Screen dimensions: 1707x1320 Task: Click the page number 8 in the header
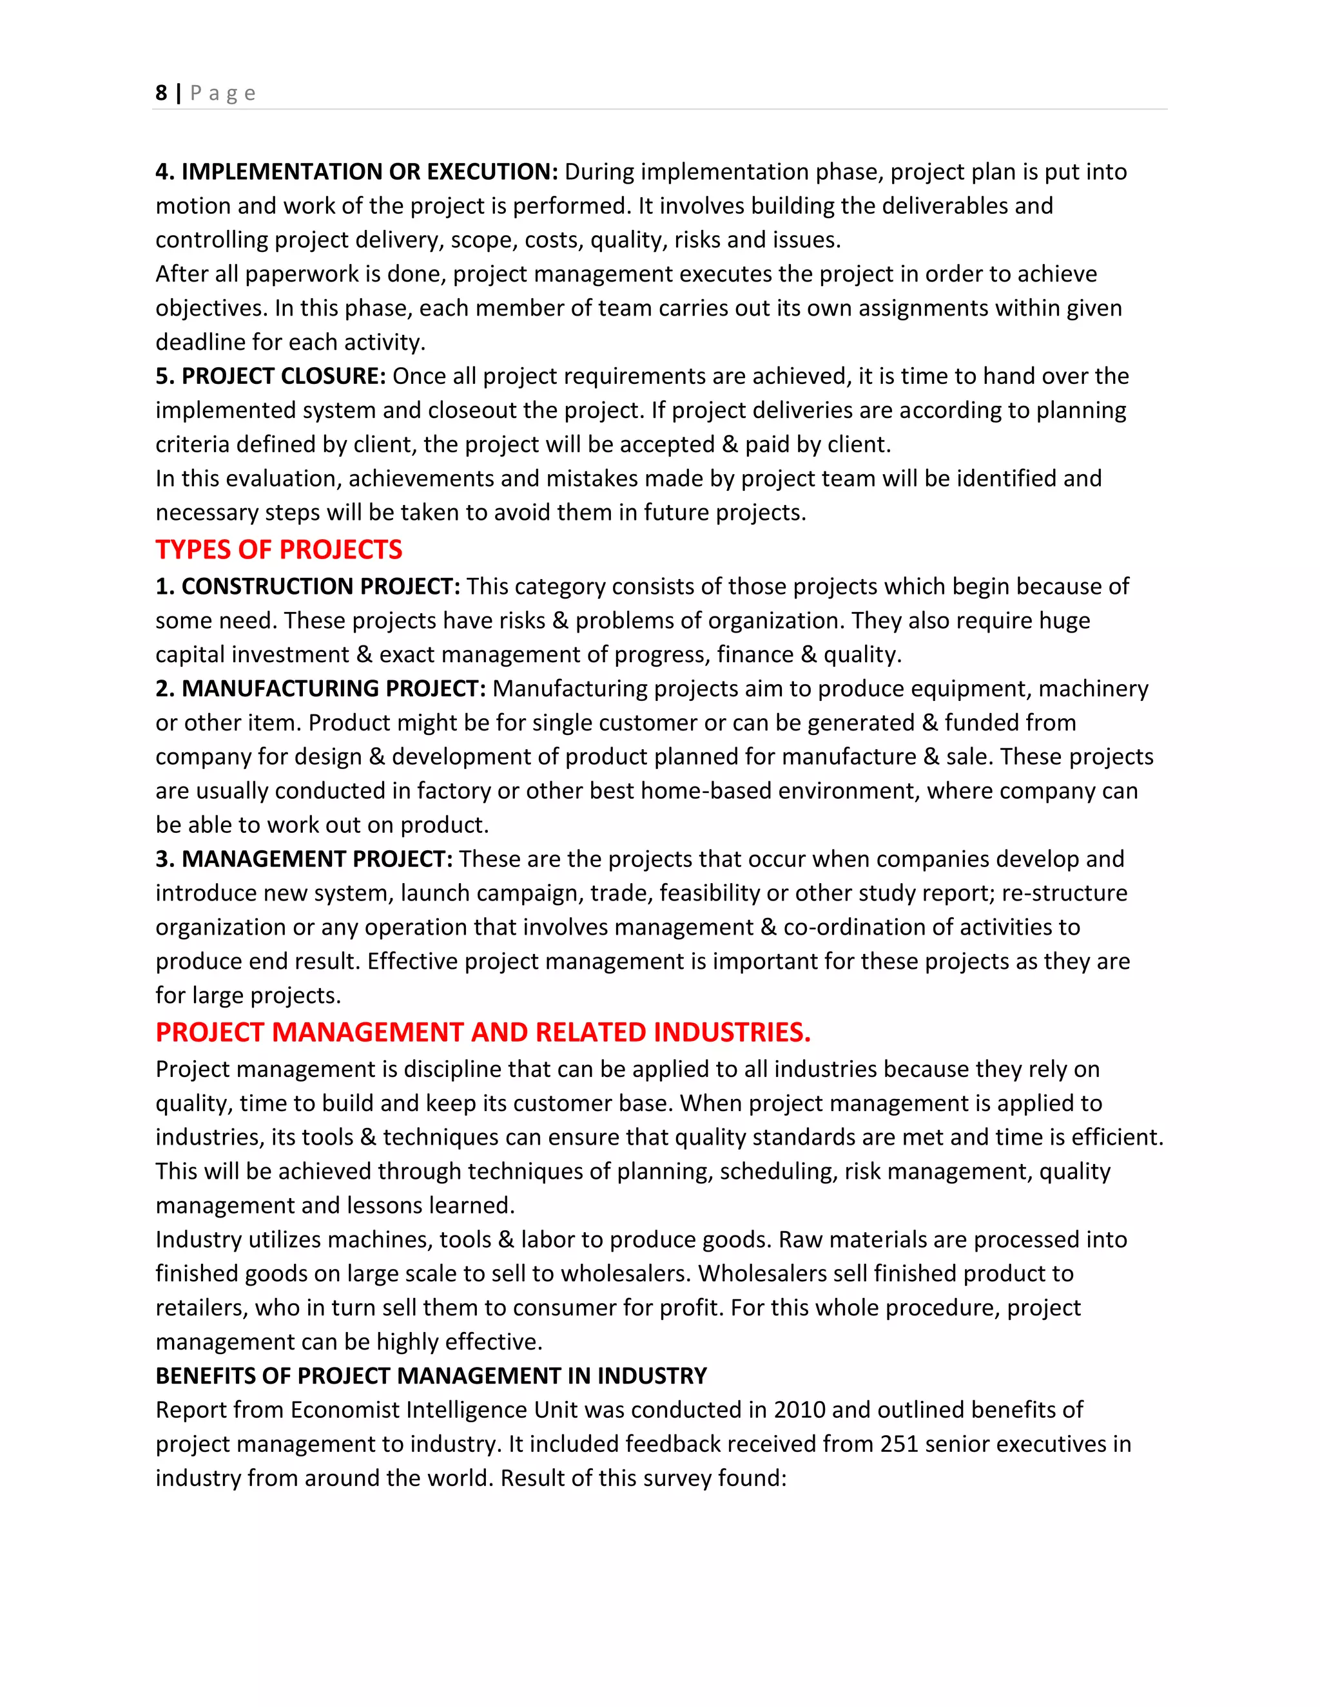161,93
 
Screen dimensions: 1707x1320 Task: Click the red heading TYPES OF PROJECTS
278,549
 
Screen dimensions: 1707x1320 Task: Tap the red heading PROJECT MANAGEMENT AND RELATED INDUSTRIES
483,1032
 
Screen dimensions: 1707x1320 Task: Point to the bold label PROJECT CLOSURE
283,376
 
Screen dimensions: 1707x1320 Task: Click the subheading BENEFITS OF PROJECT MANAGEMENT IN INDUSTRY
431,1376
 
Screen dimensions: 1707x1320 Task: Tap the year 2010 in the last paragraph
799,1410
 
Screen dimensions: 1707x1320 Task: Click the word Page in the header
223,93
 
